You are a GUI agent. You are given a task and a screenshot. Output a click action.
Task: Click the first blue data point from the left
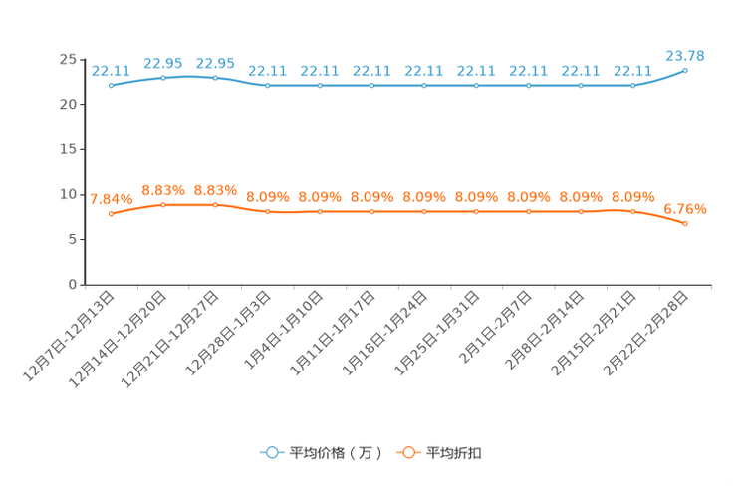111,86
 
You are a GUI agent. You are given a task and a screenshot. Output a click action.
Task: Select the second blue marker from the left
163,77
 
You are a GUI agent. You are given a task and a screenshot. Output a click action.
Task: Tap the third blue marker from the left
215,77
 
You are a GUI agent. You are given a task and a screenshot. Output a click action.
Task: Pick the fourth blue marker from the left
267,86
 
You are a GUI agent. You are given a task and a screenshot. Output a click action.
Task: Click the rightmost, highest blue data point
685,70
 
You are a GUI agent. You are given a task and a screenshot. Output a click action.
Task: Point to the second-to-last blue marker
632,86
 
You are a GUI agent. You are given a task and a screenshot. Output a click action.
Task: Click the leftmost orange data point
111,212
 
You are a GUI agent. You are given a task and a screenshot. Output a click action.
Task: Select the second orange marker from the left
163,204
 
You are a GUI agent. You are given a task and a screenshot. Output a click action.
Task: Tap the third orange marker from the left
215,204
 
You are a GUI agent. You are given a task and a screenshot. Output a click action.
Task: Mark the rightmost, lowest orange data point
685,224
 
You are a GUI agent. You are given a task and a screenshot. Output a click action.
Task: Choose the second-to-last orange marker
632,211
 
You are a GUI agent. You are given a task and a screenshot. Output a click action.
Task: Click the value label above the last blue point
685,55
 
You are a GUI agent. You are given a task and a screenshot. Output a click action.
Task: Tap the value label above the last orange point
685,209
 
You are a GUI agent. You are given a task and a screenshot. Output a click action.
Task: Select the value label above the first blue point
111,71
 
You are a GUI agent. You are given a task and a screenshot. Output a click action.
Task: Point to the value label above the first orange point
111,198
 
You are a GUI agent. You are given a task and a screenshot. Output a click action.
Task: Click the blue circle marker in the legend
271,453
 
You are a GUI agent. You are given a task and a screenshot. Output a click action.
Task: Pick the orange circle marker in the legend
407,453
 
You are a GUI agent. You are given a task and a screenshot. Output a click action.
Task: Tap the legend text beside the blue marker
336,453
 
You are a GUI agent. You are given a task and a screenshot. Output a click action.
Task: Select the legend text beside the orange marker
455,453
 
